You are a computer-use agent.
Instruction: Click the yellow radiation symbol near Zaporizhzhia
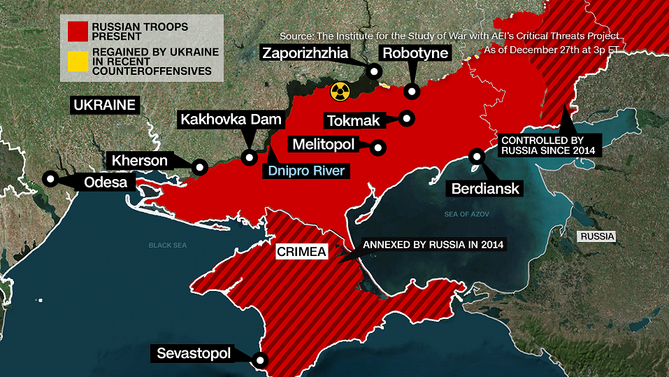click(339, 90)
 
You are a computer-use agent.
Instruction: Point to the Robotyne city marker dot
click(412, 91)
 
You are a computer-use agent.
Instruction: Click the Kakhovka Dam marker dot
click(248, 157)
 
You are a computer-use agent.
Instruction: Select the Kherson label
click(140, 161)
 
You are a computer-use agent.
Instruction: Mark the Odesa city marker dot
click(50, 178)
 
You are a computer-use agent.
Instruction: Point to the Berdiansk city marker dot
click(477, 157)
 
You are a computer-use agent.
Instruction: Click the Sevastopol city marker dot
click(260, 360)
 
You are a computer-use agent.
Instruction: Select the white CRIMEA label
click(302, 252)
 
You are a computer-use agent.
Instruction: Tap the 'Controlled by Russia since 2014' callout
click(546, 144)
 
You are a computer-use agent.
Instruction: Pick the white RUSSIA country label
click(596, 236)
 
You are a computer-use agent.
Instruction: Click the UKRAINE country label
click(104, 106)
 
